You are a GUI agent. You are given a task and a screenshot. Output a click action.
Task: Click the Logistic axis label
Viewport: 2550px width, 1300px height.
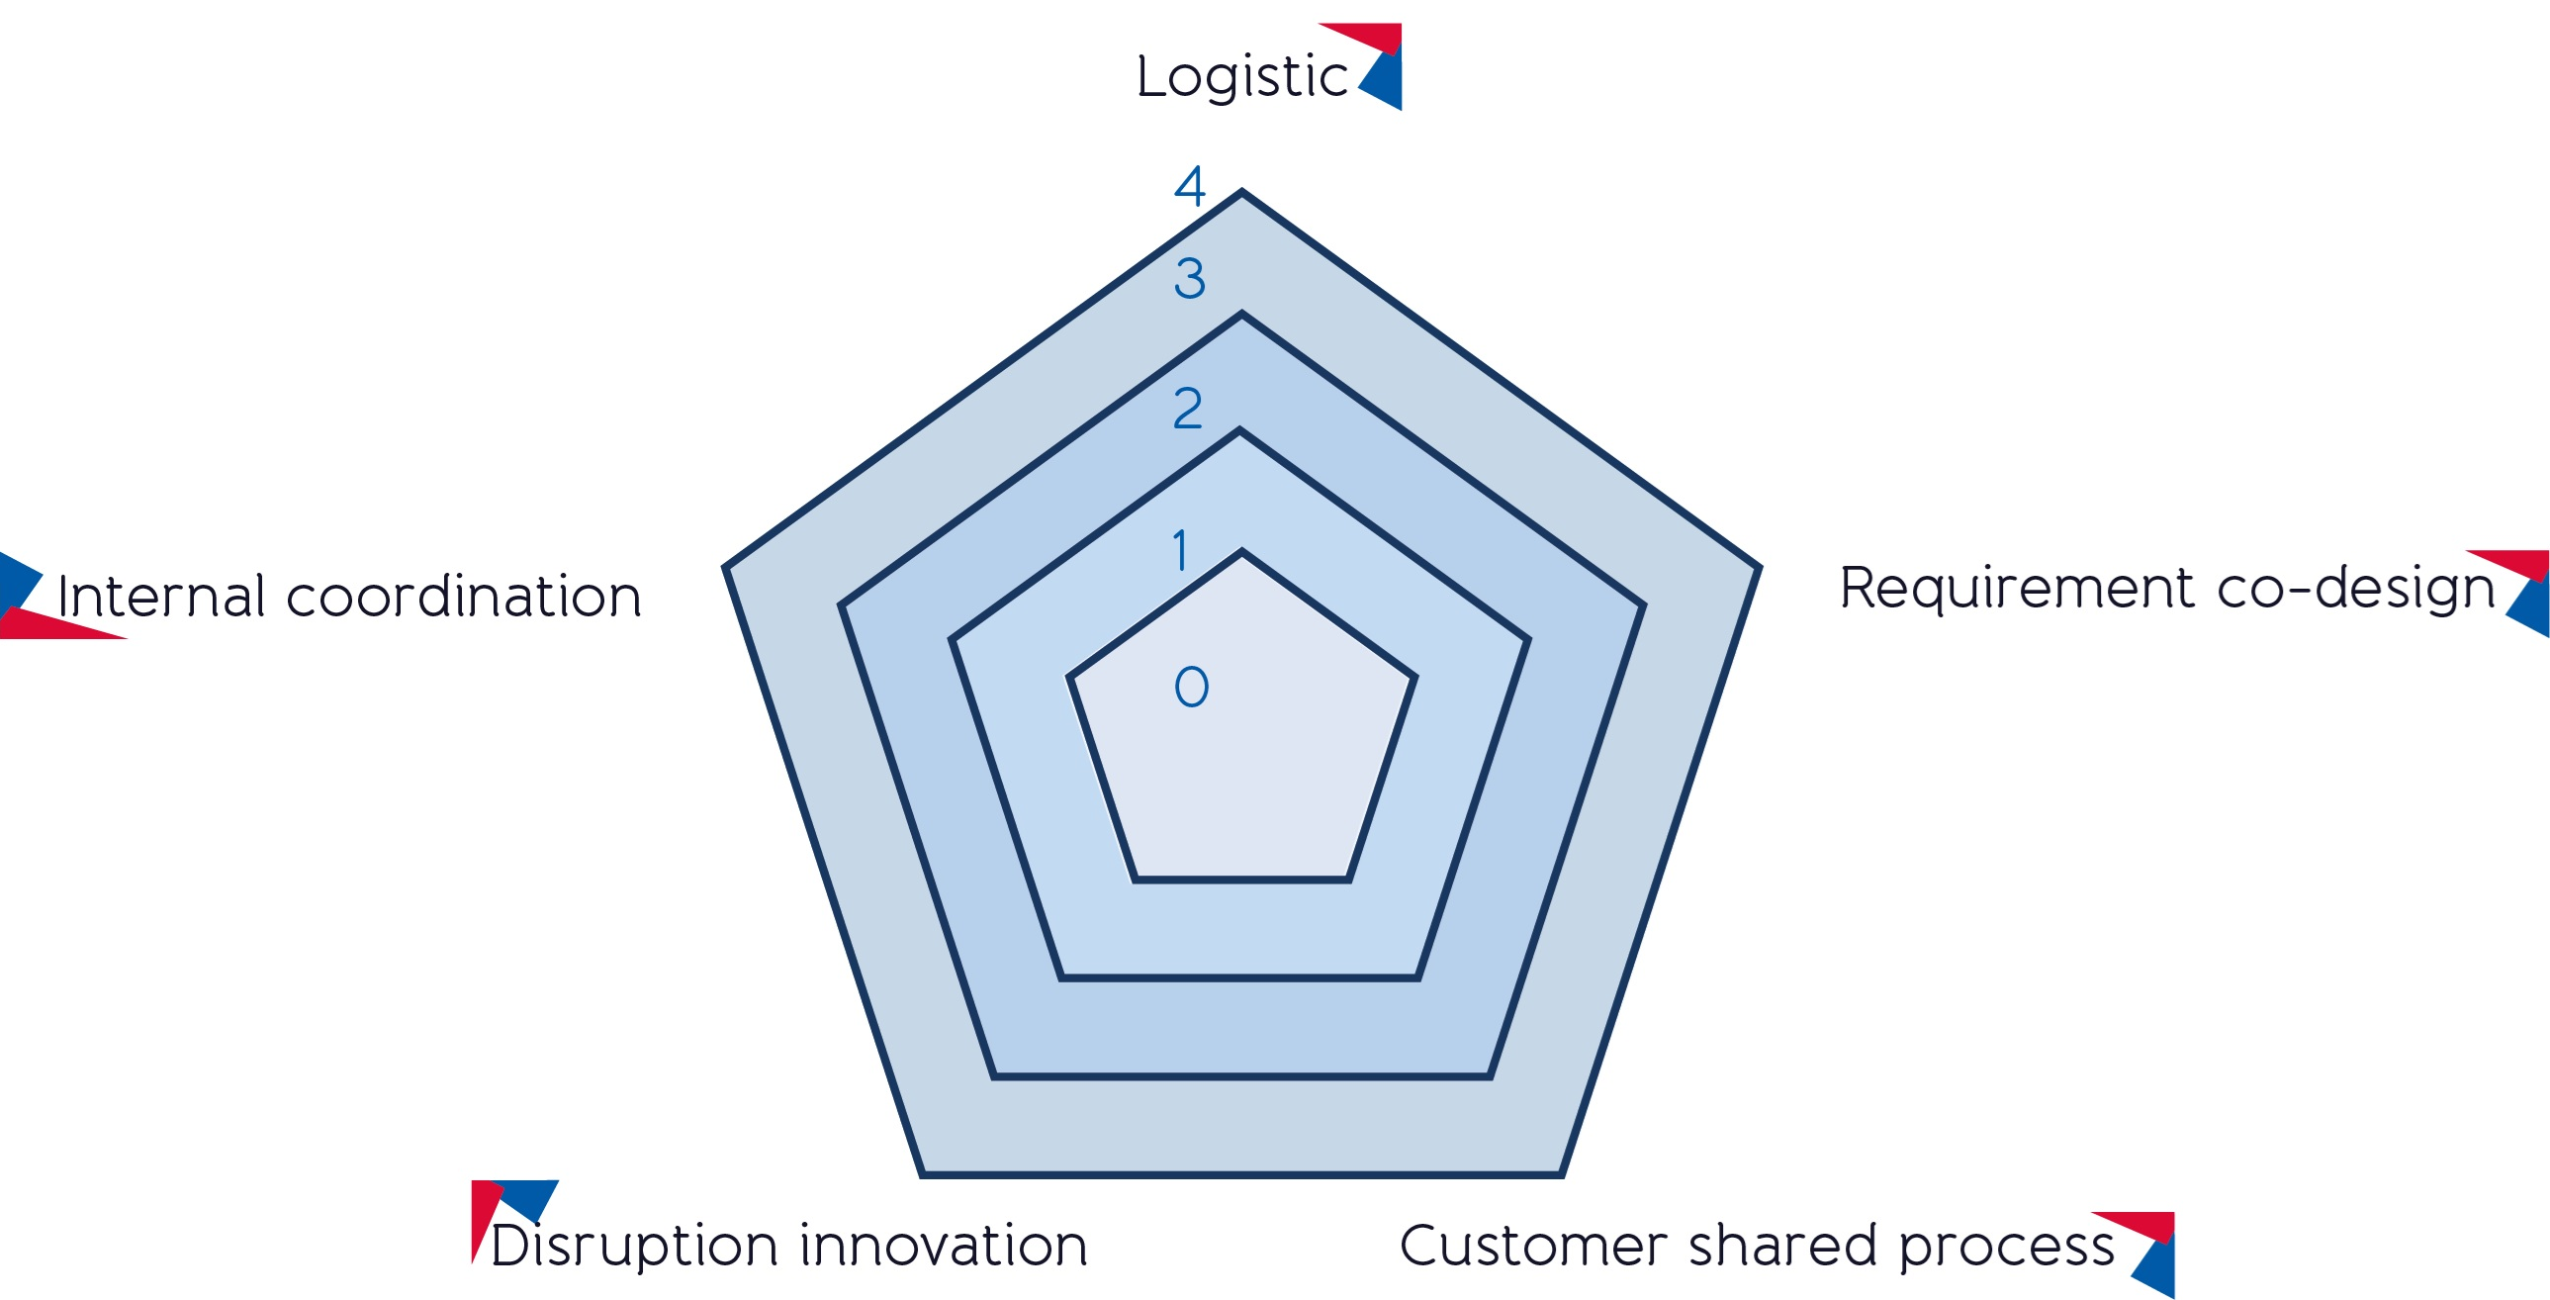pos(1241,76)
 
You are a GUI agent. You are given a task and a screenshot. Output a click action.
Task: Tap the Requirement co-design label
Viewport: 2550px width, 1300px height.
pos(2167,589)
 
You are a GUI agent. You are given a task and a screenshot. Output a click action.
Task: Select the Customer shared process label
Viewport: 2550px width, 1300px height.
pos(1757,1245)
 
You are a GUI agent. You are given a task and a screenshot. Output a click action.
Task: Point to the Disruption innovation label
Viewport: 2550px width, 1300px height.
pos(789,1245)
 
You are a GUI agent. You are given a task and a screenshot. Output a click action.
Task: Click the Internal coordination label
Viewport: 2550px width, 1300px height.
pos(349,595)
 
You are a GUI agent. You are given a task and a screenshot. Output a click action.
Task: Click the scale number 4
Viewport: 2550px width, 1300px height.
pos(1189,185)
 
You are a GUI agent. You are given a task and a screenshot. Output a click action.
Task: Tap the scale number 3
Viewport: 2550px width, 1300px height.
pos(1189,277)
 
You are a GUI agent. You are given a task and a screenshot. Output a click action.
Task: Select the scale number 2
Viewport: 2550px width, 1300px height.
pos(1188,408)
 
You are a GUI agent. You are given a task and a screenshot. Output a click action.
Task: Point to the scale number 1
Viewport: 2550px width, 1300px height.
pos(1180,549)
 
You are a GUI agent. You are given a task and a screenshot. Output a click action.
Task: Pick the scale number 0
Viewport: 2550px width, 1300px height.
pos(1191,687)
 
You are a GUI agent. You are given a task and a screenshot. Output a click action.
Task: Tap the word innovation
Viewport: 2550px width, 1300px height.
pos(944,1245)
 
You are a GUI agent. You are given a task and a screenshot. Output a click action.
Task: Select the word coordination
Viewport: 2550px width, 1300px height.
pos(464,595)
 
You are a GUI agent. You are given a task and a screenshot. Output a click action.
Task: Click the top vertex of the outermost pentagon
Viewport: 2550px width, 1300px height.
pos(1241,190)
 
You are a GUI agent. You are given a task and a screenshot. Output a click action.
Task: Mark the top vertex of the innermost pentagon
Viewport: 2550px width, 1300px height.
pos(1241,550)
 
